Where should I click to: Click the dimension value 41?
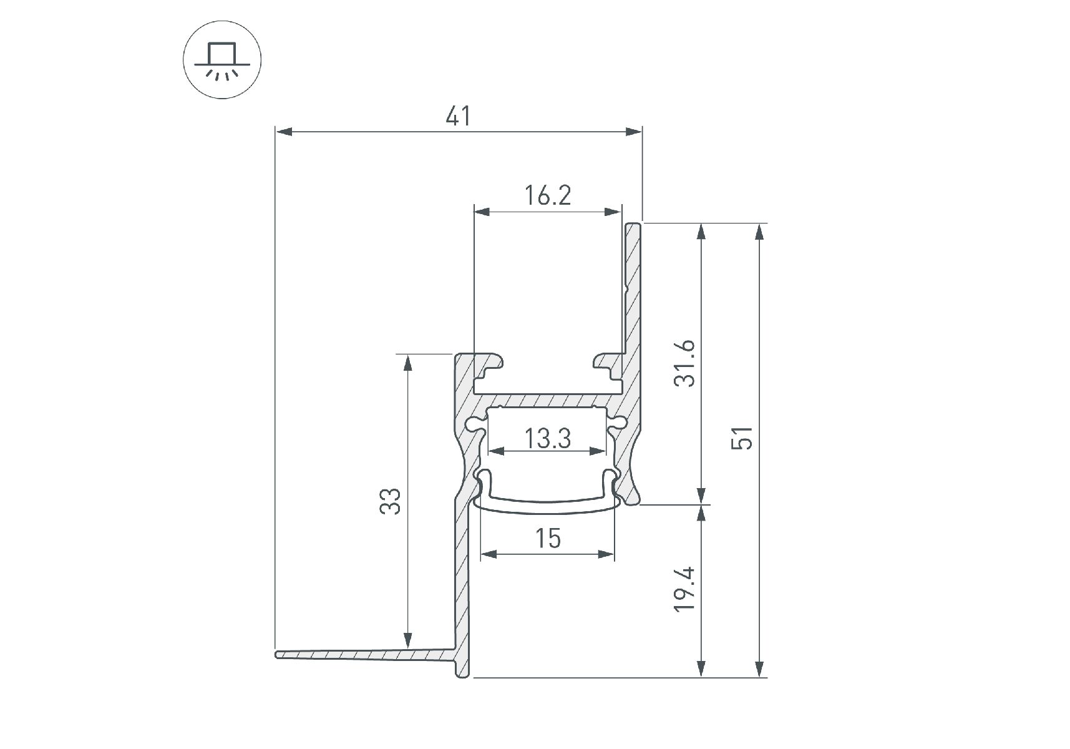tap(459, 117)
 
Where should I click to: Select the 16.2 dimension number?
tap(547, 196)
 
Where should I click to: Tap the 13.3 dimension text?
tap(547, 438)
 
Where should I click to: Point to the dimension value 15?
tap(548, 538)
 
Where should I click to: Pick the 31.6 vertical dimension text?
tap(685, 364)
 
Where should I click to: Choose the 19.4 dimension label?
tap(685, 589)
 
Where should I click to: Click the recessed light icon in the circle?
tap(222, 61)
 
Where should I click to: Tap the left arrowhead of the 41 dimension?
tap(284, 132)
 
